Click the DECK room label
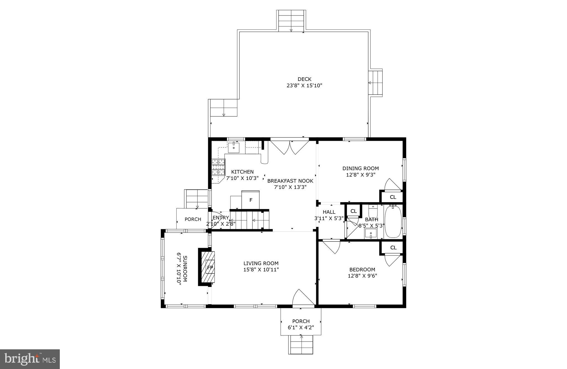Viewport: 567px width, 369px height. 304,79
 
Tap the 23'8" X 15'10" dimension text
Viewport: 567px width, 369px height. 304,86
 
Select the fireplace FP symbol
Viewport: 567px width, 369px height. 210,268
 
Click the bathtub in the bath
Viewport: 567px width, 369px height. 393,222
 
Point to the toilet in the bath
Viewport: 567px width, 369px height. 373,208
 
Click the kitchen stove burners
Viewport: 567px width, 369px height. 218,167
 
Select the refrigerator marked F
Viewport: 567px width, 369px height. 251,200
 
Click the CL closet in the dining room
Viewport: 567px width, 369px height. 393,197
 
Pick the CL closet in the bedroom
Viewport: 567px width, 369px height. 393,248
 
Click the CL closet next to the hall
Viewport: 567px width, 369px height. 354,211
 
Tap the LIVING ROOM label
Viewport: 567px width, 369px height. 261,263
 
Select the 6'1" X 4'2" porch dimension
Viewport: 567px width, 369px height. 301,327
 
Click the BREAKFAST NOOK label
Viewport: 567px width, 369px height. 290,181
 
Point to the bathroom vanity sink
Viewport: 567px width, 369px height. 371,233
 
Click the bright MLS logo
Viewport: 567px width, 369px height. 30,359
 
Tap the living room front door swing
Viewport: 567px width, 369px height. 303,298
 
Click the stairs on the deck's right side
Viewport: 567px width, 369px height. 376,83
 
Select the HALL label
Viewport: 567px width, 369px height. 329,212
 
